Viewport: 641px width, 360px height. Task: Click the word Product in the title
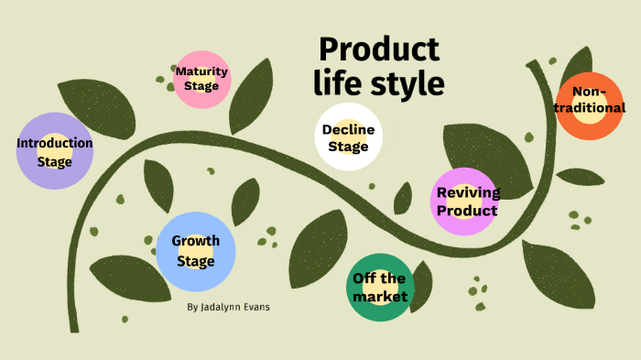(378, 50)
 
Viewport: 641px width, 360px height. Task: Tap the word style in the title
(403, 83)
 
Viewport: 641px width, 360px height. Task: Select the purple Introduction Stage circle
(55, 152)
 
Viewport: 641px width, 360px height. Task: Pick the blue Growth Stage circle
(196, 251)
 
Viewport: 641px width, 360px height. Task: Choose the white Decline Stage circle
(347, 137)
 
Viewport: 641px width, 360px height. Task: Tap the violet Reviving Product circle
(467, 201)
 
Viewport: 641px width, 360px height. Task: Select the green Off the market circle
(380, 287)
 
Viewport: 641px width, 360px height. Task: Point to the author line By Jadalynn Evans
(228, 307)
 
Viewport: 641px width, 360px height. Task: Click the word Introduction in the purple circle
(55, 143)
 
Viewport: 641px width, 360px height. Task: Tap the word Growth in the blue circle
(196, 242)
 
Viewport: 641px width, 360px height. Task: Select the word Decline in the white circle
(348, 129)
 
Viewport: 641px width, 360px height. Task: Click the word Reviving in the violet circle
(468, 192)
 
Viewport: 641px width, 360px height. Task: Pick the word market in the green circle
(380, 297)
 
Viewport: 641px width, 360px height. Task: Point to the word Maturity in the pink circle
(201, 71)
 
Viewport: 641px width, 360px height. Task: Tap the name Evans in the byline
(255, 307)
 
